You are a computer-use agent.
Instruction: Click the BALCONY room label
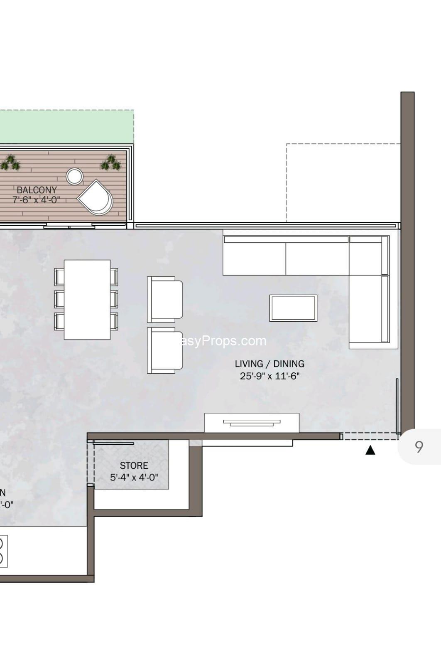(37, 190)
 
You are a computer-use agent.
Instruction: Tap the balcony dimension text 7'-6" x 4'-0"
(36, 199)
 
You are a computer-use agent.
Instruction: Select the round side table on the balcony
(75, 176)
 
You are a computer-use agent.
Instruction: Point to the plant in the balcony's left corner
(10, 163)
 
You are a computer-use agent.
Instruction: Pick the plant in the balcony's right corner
(111, 163)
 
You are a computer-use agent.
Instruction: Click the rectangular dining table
(87, 299)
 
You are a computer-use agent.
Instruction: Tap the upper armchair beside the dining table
(165, 299)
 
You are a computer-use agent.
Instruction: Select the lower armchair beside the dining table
(165, 350)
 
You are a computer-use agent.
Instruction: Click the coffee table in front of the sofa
(293, 308)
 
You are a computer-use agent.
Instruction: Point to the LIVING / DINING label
(269, 364)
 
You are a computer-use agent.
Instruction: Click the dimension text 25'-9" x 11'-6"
(269, 376)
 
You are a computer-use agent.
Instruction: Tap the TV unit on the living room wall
(252, 423)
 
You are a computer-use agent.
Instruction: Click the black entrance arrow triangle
(370, 450)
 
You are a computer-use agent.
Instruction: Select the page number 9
(419, 447)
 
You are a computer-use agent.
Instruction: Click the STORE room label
(134, 465)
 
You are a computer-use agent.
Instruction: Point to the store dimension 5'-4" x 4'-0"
(134, 478)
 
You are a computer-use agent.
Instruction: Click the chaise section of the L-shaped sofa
(368, 310)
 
